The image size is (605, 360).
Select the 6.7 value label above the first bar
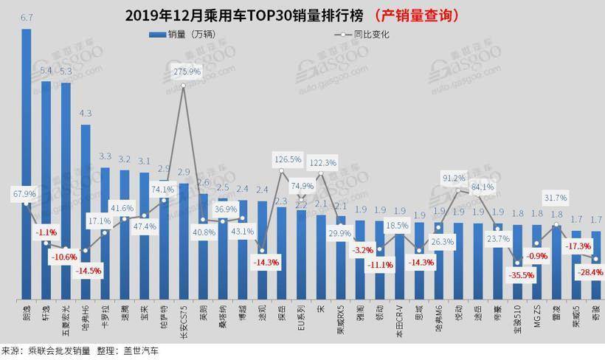pyautogui.click(x=26, y=17)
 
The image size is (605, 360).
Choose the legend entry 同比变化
pyautogui.click(x=364, y=34)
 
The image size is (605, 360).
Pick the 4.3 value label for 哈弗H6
pyautogui.click(x=86, y=113)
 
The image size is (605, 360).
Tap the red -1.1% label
pyautogui.click(x=46, y=231)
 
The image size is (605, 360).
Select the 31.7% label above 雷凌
pyautogui.click(x=555, y=198)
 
